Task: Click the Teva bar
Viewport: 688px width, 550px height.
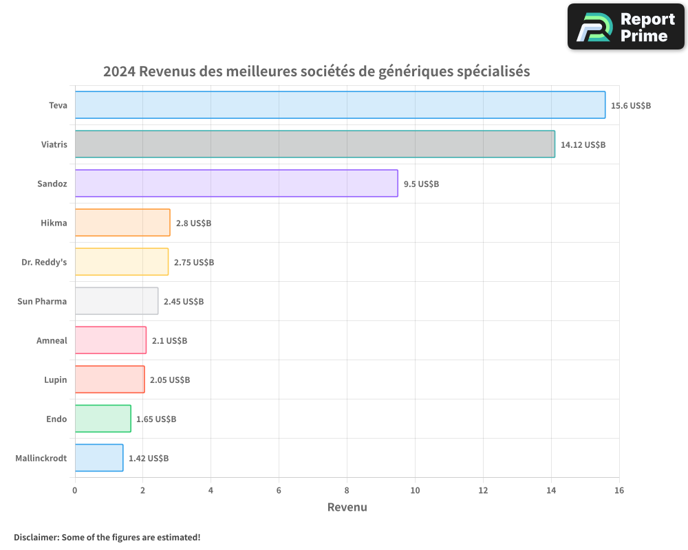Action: tap(340, 105)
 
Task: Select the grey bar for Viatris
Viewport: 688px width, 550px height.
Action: tap(314, 144)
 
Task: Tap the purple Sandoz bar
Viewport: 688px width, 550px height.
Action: tap(236, 184)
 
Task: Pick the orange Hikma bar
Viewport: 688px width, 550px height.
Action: tap(122, 223)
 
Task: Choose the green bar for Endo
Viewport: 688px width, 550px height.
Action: tap(103, 419)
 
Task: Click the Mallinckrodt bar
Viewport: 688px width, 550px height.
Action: tap(98, 458)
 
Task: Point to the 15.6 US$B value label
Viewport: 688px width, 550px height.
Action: tap(631, 106)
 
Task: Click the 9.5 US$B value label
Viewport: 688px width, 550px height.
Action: tap(421, 184)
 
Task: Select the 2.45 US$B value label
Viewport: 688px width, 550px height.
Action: tap(184, 302)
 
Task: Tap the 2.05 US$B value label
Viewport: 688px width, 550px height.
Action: tap(170, 380)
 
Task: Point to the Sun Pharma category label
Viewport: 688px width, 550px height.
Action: tap(42, 301)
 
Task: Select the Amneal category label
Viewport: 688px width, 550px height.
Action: tap(52, 340)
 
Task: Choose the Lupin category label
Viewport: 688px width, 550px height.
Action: tap(56, 379)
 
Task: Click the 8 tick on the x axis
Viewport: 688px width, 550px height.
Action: tap(347, 490)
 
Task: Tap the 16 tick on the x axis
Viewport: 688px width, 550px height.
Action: tap(619, 490)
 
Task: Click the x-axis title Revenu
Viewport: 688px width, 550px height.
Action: tap(347, 507)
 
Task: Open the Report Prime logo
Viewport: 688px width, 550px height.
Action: tap(625, 27)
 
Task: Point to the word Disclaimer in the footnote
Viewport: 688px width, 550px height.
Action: tap(36, 537)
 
